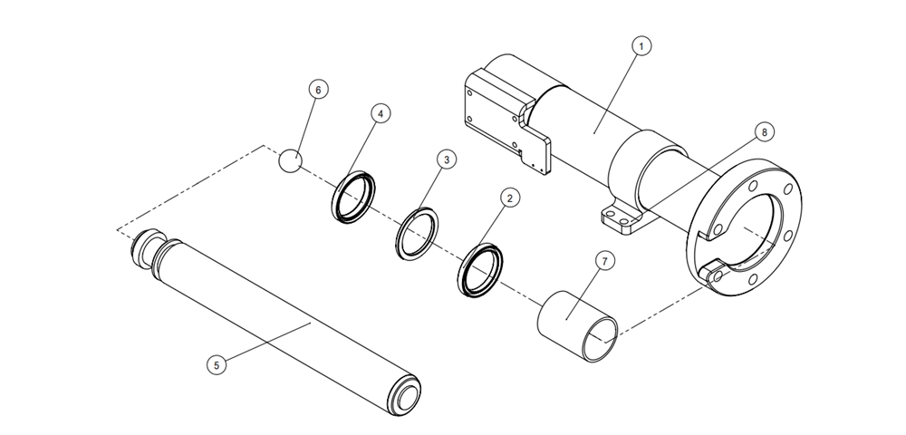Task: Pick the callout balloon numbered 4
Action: (x=381, y=114)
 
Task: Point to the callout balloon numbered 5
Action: (x=215, y=364)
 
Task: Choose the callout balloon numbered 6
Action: (x=317, y=90)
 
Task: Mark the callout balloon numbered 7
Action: (x=605, y=260)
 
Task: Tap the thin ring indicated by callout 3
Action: (x=418, y=232)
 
